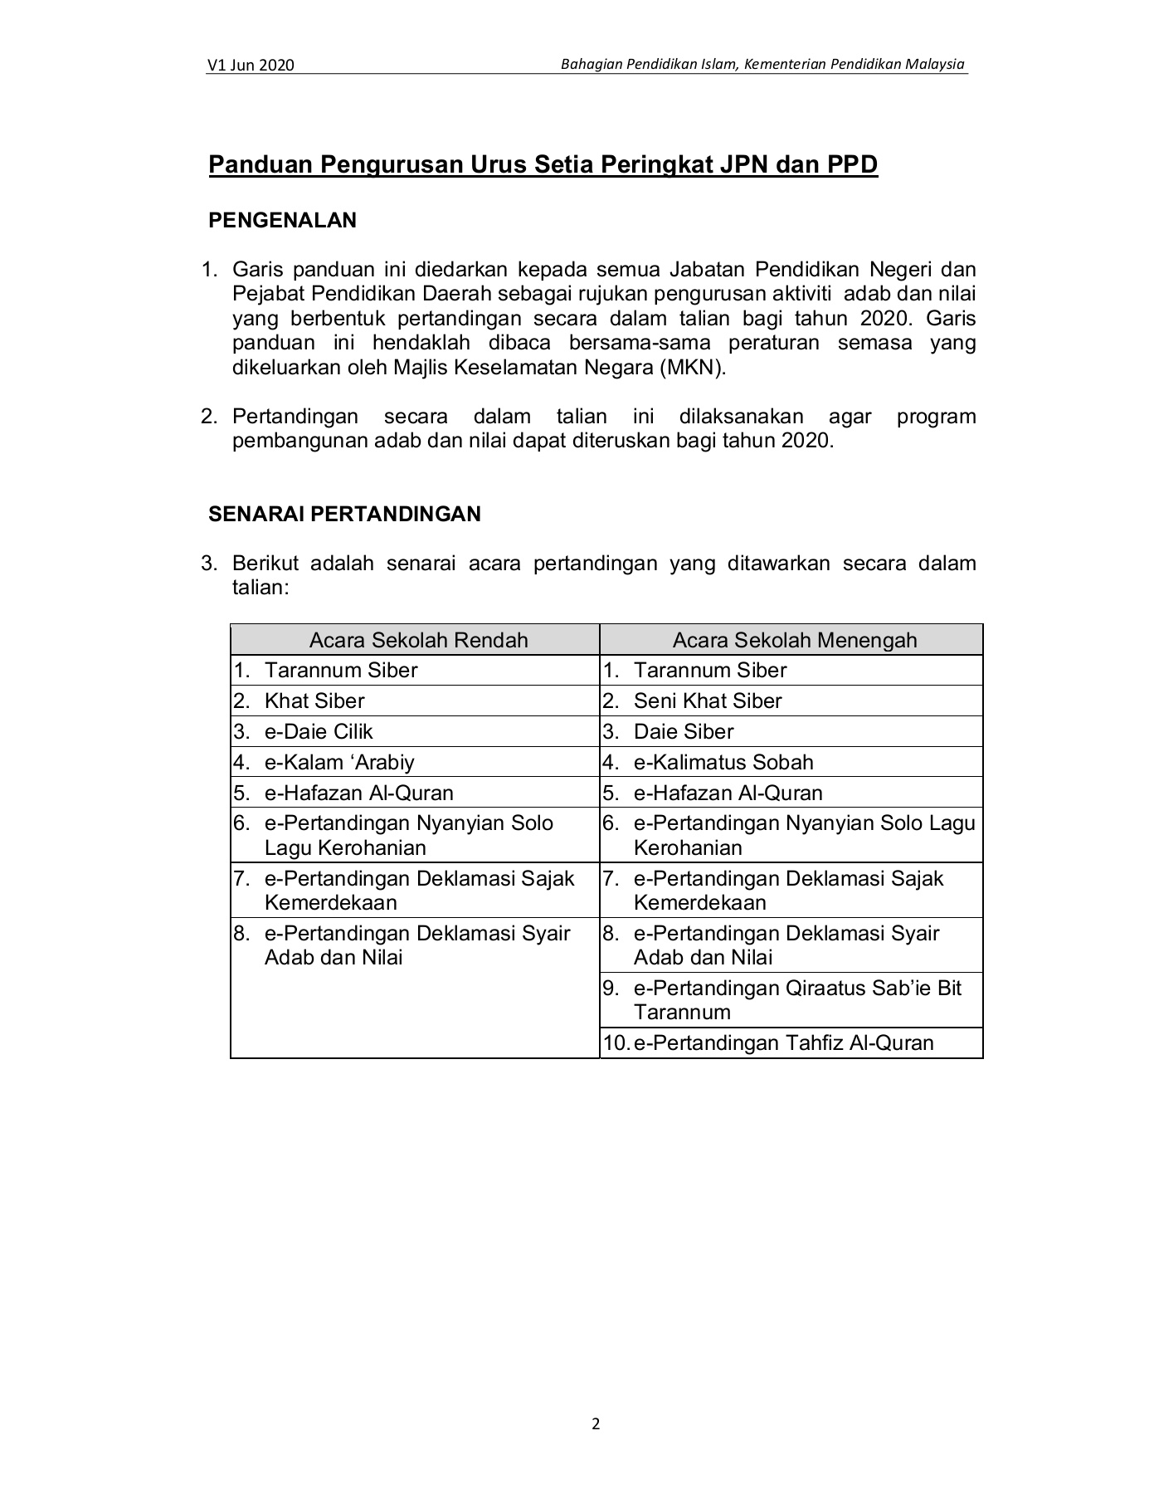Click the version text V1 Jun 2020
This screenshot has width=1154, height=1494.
point(251,66)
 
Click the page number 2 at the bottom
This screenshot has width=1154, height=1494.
point(595,1423)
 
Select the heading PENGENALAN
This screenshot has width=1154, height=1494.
point(282,220)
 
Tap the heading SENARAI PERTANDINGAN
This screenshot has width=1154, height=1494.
point(344,514)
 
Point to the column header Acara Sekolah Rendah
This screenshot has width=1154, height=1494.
point(418,640)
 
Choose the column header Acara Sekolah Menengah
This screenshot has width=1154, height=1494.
point(794,640)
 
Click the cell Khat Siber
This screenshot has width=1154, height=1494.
point(314,701)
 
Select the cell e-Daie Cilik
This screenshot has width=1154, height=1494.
point(319,731)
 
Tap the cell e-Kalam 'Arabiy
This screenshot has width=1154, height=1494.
point(338,762)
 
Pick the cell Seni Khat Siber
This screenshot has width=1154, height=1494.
point(707,701)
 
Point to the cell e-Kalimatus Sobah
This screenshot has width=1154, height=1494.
point(723,762)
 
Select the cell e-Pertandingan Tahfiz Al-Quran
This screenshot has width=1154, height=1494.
point(783,1042)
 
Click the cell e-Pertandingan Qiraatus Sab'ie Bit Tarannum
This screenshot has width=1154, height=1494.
point(796,999)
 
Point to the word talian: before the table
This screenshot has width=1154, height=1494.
point(260,588)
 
